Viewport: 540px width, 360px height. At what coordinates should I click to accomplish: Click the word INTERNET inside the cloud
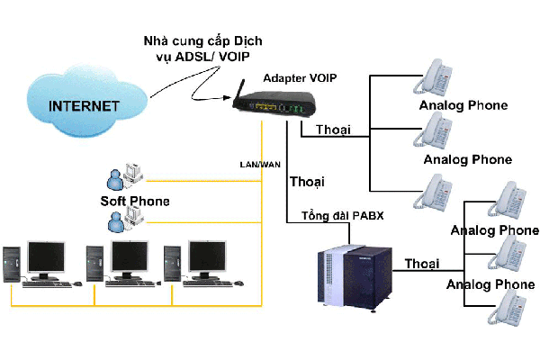point(84,105)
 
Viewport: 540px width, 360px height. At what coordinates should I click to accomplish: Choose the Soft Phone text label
point(134,200)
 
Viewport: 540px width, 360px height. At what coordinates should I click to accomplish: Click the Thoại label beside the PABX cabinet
point(422,263)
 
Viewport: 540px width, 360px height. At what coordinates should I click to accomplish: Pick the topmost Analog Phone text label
point(463,106)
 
